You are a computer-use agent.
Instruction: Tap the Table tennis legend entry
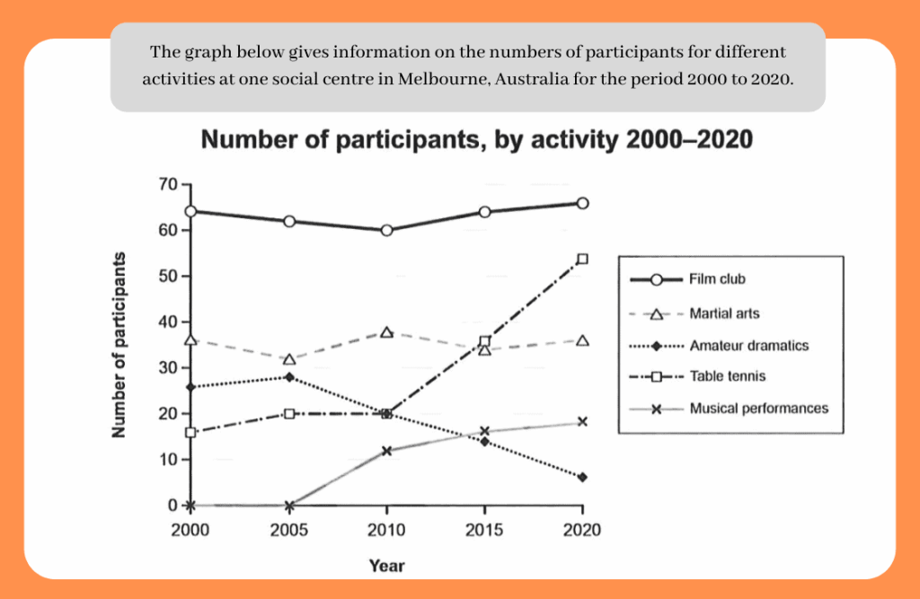(728, 376)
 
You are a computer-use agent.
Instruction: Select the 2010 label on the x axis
(387, 530)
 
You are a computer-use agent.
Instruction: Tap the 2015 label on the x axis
(485, 530)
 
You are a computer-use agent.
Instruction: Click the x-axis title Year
(386, 566)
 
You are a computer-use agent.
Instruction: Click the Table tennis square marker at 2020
(582, 259)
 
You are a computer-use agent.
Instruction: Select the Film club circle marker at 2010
(386, 230)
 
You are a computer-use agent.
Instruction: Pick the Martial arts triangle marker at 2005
(289, 359)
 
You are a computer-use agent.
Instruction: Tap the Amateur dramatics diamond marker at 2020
(582, 477)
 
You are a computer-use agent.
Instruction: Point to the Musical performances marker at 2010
(387, 451)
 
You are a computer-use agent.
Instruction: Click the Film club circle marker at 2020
(582, 203)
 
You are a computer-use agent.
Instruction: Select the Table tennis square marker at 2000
(190, 432)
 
